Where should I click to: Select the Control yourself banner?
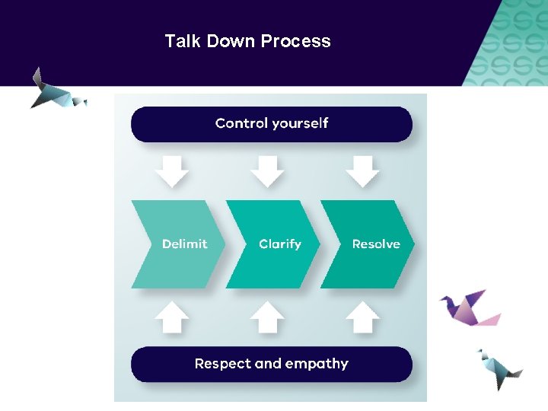272,124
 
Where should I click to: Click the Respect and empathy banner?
272,364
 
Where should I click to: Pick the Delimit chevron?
179,244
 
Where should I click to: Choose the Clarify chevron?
276,244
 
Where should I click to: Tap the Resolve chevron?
371,244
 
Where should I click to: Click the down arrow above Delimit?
172,171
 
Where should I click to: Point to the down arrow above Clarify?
267,171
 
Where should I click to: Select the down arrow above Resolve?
362,171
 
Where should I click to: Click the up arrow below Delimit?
172,316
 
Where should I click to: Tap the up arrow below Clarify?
267,316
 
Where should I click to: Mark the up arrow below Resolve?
362,316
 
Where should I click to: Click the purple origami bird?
469,307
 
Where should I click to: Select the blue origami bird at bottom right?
499,370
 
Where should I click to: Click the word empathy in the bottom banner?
317,364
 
